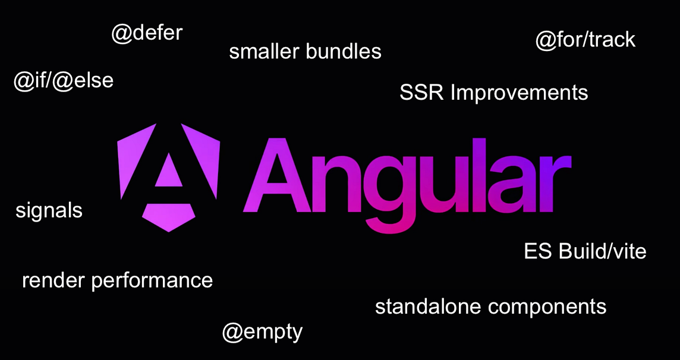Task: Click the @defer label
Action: pyautogui.click(x=147, y=33)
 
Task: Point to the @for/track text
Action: pyautogui.click(x=585, y=40)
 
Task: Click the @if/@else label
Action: pyautogui.click(x=64, y=81)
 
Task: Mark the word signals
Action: pyautogui.click(x=49, y=210)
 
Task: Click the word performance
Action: pyautogui.click(x=152, y=281)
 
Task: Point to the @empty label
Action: pyautogui.click(x=262, y=331)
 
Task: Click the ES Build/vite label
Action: pyautogui.click(x=585, y=251)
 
